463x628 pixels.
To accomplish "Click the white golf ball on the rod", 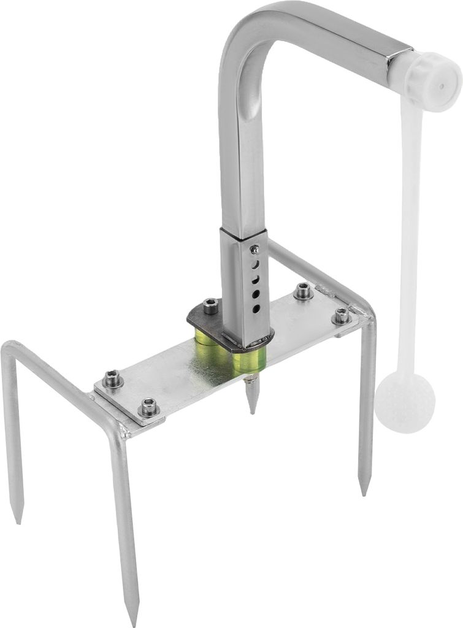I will pyautogui.click(x=405, y=404).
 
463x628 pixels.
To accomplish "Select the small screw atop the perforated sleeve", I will pyautogui.click(x=254, y=249).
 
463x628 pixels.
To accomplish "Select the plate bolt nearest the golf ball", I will pyautogui.click(x=341, y=316).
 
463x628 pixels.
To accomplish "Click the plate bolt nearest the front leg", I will pyautogui.click(x=148, y=406).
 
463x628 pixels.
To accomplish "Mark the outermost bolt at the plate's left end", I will pyautogui.click(x=112, y=381).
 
